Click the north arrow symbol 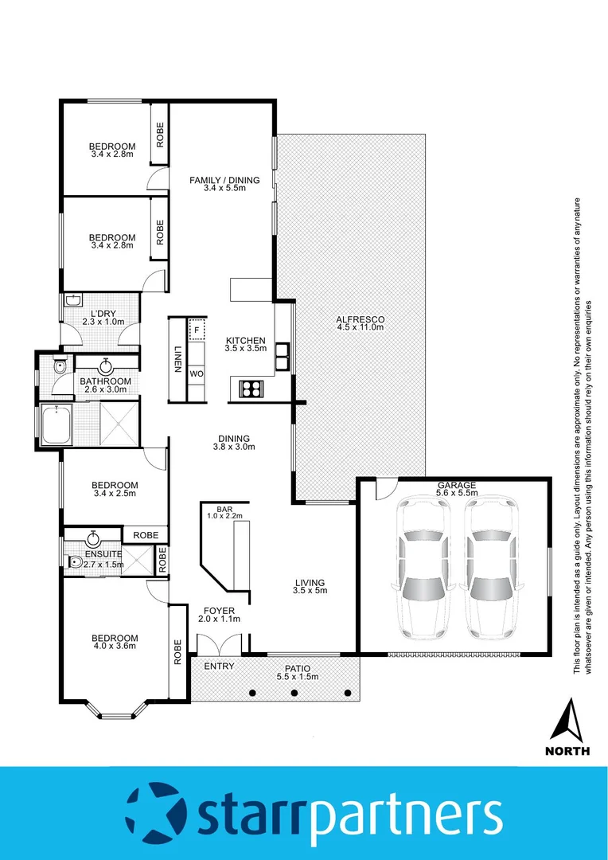point(567,721)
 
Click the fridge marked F point(197,328)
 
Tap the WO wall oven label point(197,373)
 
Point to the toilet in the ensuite point(76,562)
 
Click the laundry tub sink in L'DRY point(72,301)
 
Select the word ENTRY point(219,666)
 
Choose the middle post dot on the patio point(295,692)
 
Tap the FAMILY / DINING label point(224,180)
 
